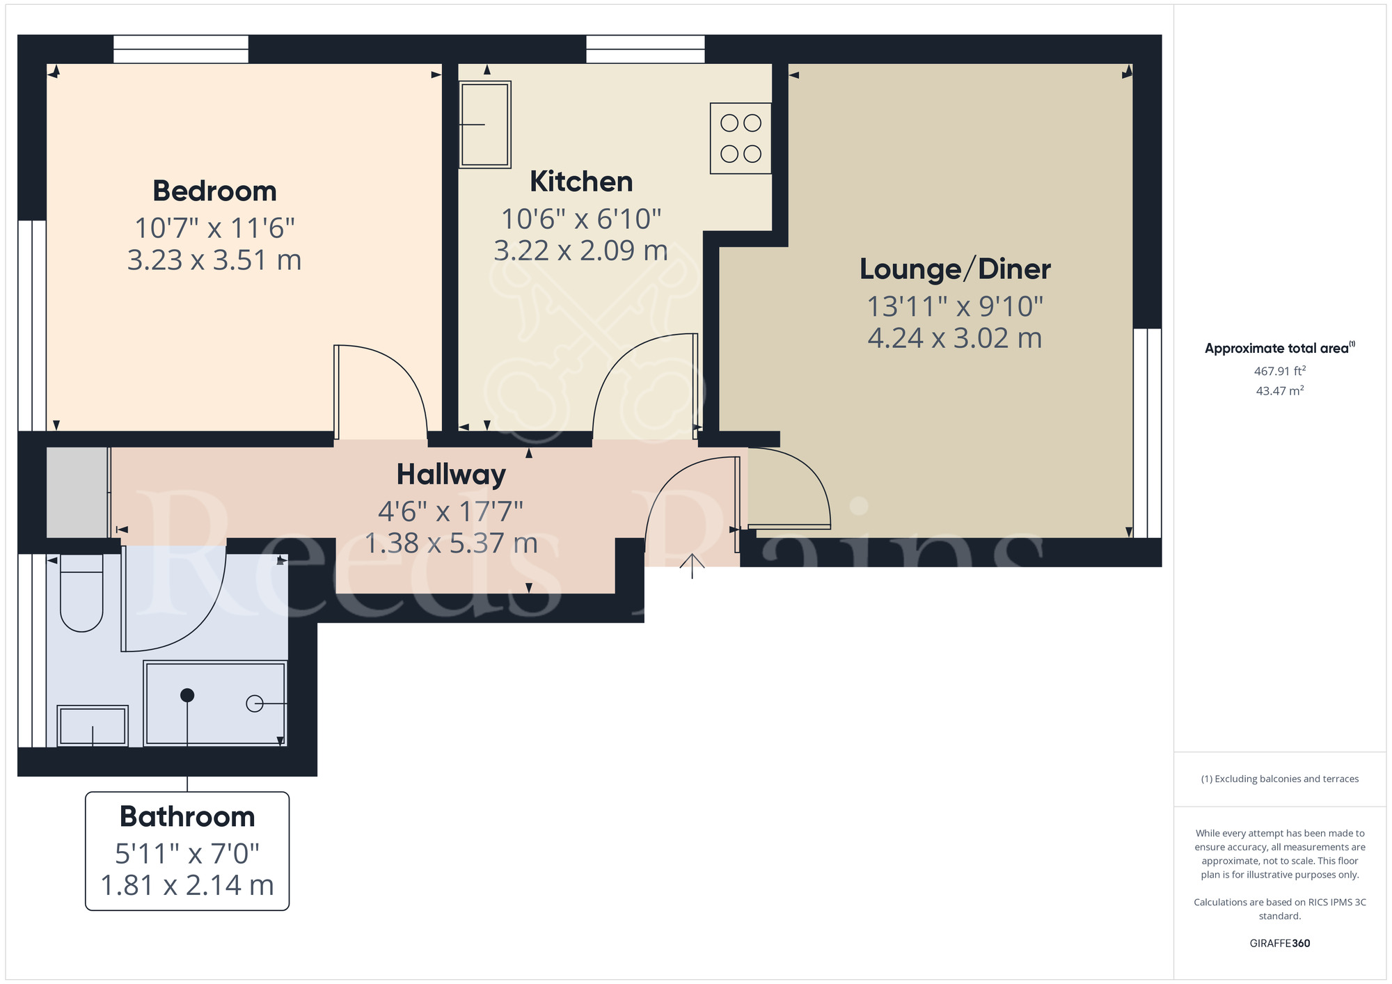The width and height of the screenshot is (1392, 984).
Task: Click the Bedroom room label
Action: pyautogui.click(x=214, y=191)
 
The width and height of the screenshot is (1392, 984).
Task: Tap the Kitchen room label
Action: pyautogui.click(x=581, y=182)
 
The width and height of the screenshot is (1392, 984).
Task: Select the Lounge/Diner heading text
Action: pyautogui.click(x=955, y=269)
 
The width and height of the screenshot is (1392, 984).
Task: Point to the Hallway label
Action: pyautogui.click(x=451, y=475)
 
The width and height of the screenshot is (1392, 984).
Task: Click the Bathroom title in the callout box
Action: pyautogui.click(x=187, y=816)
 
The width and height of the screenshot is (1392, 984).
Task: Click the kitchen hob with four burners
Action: pyautogui.click(x=741, y=138)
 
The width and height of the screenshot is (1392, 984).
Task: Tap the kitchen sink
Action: pyautogui.click(x=485, y=125)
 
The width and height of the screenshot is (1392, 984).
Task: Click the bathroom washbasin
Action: pyautogui.click(x=93, y=726)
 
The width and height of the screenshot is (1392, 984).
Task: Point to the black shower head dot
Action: pyautogui.click(x=187, y=695)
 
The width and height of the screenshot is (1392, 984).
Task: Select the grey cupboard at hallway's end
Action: pyautogui.click(x=77, y=492)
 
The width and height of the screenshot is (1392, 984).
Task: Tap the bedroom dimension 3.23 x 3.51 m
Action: pyautogui.click(x=214, y=260)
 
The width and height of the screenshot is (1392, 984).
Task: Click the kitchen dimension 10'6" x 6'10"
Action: pyautogui.click(x=581, y=219)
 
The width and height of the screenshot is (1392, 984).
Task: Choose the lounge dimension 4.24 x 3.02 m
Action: pyautogui.click(x=955, y=338)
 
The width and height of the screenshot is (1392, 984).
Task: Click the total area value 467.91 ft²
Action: pyautogui.click(x=1279, y=371)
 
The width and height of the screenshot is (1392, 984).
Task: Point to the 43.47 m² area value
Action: pyautogui.click(x=1279, y=391)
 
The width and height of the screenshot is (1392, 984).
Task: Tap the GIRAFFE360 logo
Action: pyautogui.click(x=1279, y=944)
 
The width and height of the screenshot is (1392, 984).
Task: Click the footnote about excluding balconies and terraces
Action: pyautogui.click(x=1279, y=779)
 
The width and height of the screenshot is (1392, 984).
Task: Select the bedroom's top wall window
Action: pyautogui.click(x=181, y=49)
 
